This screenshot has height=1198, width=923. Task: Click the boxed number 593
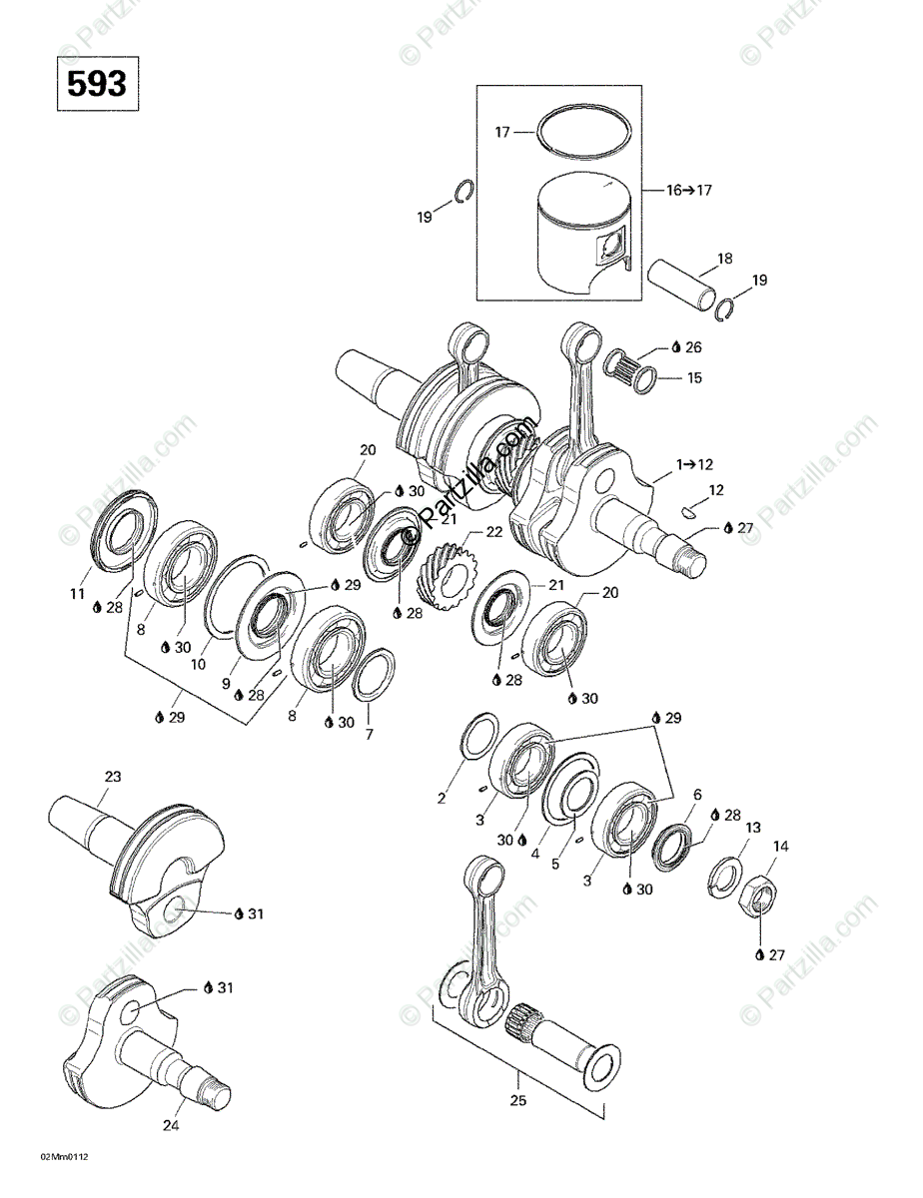point(97,85)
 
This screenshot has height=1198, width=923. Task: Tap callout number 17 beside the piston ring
point(503,131)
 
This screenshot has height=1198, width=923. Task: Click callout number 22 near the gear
point(492,532)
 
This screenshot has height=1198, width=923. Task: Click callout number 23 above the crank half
point(113,776)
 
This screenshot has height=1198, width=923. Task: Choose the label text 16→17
point(688,190)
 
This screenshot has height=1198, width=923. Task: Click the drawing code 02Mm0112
point(65,1157)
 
